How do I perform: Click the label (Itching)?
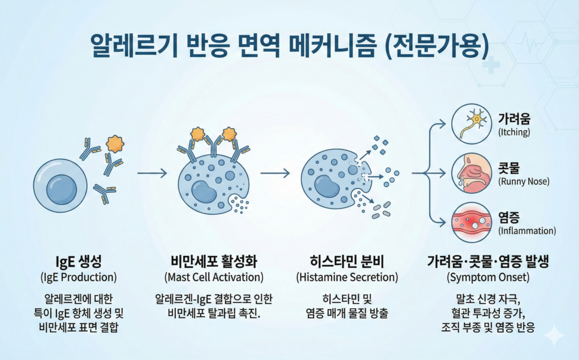pos(514,132)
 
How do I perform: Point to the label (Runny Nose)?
pos(524,181)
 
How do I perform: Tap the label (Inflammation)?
pos(527,231)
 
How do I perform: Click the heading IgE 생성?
pos(78,262)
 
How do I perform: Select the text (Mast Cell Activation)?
pos(214,277)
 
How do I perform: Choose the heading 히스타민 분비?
pos(347,262)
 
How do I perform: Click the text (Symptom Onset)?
pos(488,277)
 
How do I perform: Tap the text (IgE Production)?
pos(78,277)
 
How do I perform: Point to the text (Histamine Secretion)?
pos(347,277)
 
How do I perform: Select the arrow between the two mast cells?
pos(275,173)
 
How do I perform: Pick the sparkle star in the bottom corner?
pos(555,335)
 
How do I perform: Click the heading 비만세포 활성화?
pos(214,262)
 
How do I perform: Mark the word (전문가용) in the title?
pos(437,46)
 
